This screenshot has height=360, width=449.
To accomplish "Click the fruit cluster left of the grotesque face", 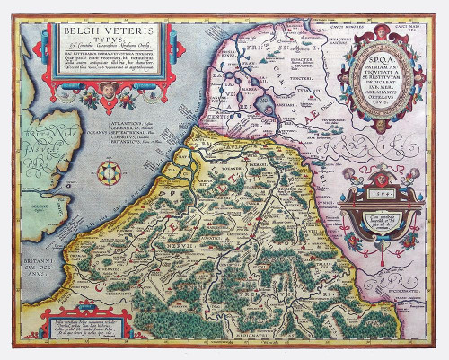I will tap(81, 90).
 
